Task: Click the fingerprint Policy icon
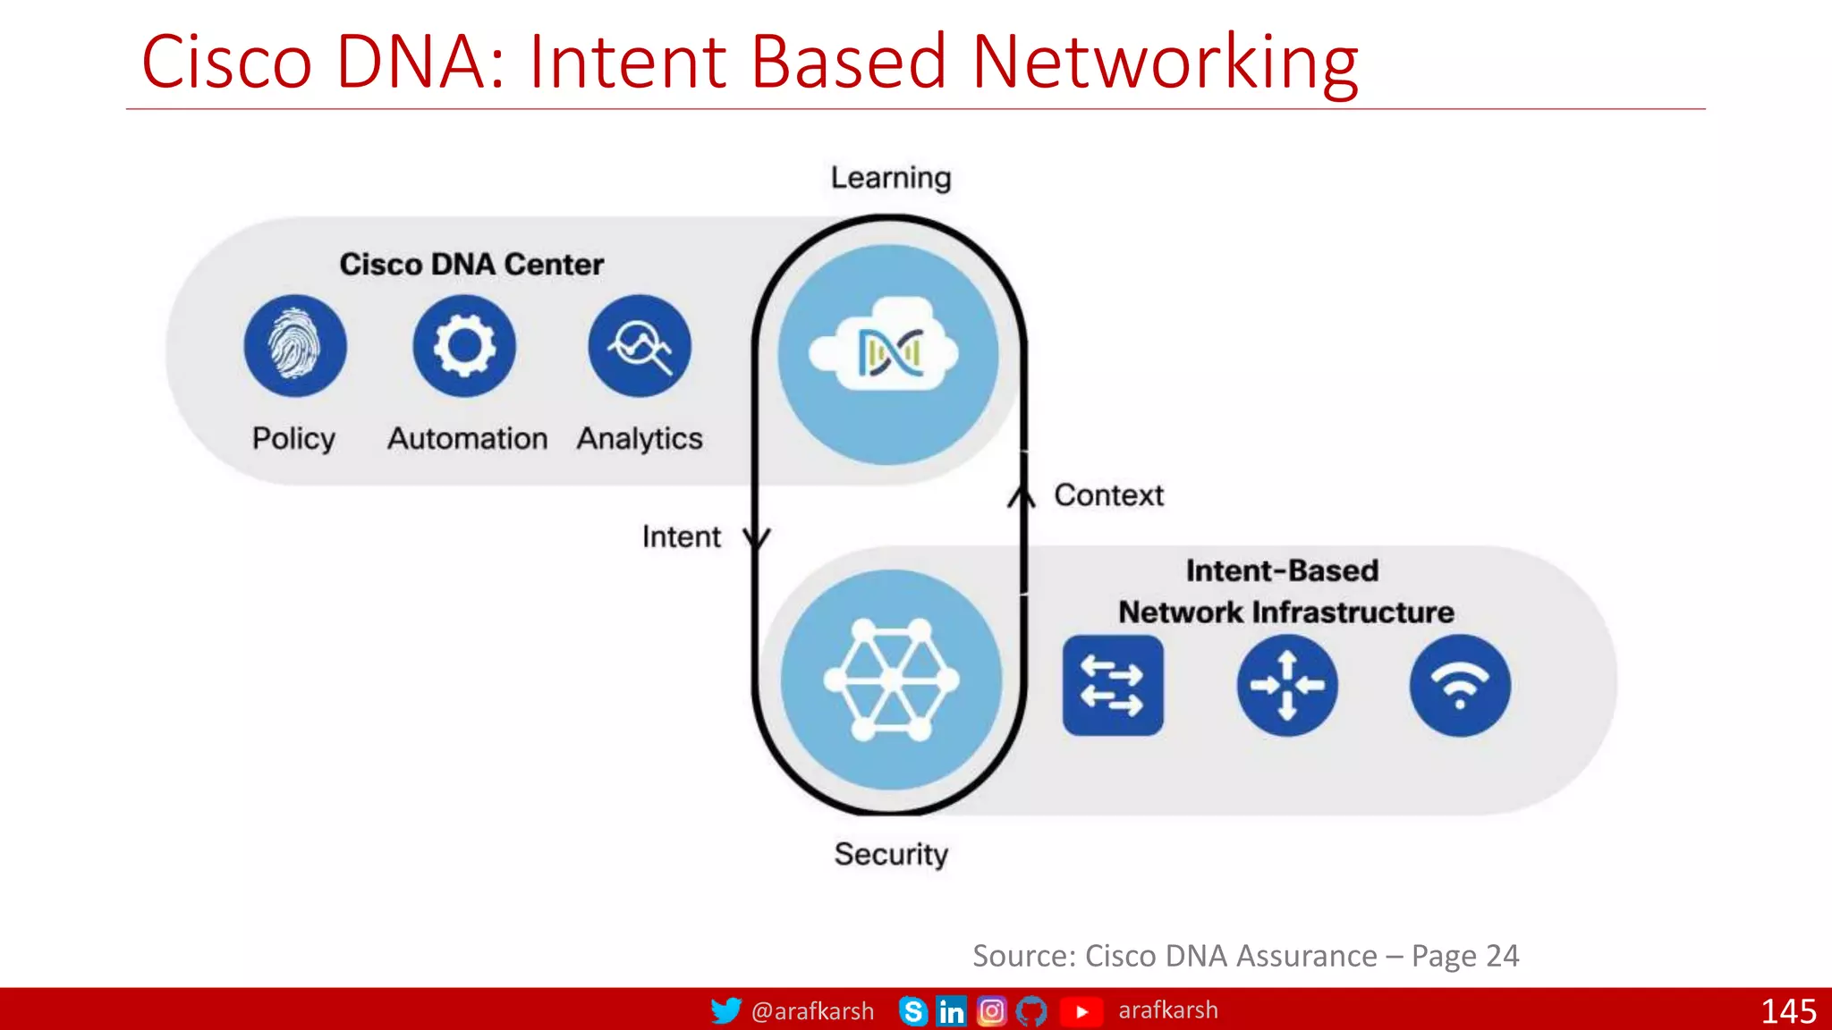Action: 295,346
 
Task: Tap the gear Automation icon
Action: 464,346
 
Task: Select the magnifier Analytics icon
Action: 640,346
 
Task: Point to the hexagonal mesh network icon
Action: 891,680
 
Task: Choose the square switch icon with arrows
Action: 1113,686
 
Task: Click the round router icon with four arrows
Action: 1287,686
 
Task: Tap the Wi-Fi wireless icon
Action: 1460,686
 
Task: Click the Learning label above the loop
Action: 891,178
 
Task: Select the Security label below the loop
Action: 891,854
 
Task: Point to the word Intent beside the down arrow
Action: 682,536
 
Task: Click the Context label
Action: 1108,495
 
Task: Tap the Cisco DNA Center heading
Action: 471,265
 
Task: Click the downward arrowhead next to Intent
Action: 757,538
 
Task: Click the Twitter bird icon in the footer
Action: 725,1010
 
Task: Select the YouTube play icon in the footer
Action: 1081,1011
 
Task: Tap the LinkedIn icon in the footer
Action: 951,1011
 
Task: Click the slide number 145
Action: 1788,1011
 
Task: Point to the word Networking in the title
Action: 1165,63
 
